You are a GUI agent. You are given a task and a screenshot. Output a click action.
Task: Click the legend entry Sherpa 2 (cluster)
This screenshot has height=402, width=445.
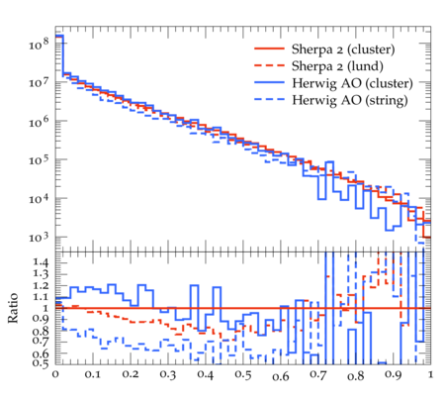coord(343,50)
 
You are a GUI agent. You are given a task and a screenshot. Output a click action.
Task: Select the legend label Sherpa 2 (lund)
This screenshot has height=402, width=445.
coord(337,66)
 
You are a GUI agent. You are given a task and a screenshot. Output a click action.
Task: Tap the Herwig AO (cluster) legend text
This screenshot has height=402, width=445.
coord(352,83)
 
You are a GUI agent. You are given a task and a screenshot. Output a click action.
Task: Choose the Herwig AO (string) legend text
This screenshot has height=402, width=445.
coord(349,100)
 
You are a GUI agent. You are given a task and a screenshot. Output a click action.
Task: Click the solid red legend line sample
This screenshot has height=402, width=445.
coord(269,49)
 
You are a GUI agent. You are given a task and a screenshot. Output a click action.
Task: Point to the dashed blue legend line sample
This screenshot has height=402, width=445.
coord(269,99)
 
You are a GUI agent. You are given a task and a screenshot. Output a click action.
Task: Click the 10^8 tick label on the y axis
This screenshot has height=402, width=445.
coord(39,44)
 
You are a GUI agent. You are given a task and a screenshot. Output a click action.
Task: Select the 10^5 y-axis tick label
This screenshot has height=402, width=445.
coord(39,160)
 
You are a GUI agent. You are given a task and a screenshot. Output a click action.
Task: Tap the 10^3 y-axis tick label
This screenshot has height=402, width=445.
coord(39,238)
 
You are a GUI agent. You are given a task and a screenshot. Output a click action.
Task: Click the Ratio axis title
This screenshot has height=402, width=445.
coord(13,308)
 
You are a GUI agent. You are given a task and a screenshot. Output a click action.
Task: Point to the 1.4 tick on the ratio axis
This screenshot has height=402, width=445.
coord(41,262)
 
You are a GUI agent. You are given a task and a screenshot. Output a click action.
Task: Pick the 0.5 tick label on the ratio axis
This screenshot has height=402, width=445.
coord(41,363)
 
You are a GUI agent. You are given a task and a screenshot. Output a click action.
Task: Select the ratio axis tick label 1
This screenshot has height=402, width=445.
coord(45,308)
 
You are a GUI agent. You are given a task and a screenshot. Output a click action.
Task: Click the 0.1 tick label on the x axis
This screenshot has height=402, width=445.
coord(93,375)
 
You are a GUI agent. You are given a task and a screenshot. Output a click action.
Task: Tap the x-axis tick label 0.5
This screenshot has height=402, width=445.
coord(243,375)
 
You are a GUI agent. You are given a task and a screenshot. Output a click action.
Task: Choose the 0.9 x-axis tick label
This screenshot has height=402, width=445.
coord(394,375)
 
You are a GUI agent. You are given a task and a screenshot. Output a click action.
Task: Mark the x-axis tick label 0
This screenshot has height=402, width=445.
coord(55,374)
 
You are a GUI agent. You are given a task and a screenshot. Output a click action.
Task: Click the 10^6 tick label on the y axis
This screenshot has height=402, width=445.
coord(39,122)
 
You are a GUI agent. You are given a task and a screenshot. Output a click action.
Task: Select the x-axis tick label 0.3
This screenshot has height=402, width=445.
coord(168,375)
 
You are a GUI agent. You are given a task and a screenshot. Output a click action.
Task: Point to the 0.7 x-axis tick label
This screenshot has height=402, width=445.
coord(318,375)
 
